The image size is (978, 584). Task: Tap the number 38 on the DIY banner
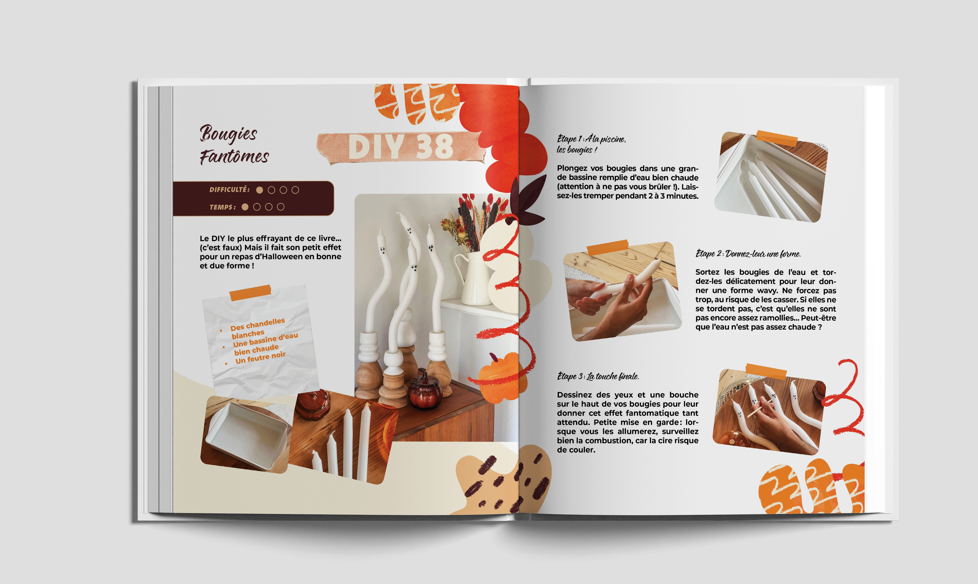pyautogui.click(x=434, y=146)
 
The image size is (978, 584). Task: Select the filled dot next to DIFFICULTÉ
pyautogui.click(x=259, y=190)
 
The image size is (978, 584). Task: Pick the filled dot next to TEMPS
pyautogui.click(x=245, y=207)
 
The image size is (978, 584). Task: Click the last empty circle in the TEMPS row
pyautogui.click(x=280, y=207)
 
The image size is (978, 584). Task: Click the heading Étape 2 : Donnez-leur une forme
pyautogui.click(x=748, y=254)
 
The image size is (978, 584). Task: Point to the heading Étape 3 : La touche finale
pyautogui.click(x=598, y=376)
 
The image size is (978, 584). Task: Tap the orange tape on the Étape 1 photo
pyautogui.click(x=776, y=138)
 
